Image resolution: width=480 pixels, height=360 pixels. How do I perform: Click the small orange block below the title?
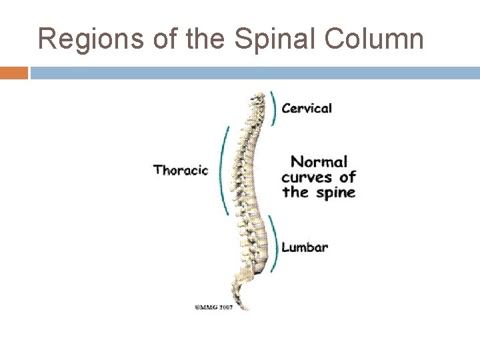click(14, 73)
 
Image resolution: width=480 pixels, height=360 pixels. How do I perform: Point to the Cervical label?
click(307, 108)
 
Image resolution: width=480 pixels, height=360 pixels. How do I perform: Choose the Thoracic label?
click(181, 170)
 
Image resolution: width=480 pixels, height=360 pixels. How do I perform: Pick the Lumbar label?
click(305, 247)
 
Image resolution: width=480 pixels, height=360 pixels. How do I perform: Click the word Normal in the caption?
click(319, 161)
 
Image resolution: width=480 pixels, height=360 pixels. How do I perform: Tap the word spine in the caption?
click(334, 193)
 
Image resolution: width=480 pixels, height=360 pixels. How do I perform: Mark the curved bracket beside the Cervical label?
click(273, 107)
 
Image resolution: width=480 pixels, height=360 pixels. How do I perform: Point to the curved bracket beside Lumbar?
click(273, 243)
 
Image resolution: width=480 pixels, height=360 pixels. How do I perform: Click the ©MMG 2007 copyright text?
click(213, 307)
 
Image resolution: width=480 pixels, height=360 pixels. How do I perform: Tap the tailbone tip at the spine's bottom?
click(245, 308)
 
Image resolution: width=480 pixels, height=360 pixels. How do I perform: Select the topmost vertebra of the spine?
click(254, 96)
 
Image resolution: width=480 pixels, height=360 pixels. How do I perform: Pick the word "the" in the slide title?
click(200, 39)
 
